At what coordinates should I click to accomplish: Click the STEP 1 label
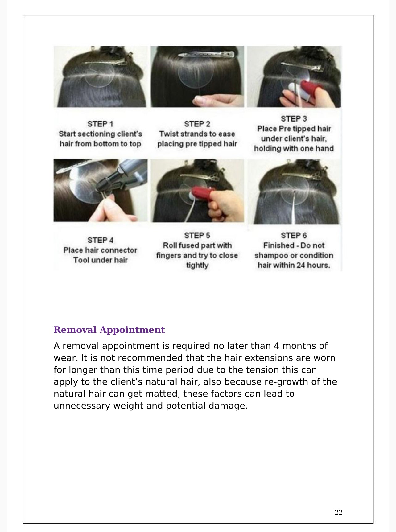point(100,124)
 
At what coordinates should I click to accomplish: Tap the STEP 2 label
point(197,124)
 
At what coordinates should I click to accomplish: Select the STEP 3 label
point(294,119)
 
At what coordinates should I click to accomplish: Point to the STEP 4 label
point(100,240)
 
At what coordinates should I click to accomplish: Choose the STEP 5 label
point(197,236)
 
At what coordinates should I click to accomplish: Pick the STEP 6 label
point(294,236)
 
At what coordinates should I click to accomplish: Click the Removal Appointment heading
point(109,330)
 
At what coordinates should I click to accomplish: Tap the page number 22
point(338,512)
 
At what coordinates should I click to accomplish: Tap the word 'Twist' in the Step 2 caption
point(169,134)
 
